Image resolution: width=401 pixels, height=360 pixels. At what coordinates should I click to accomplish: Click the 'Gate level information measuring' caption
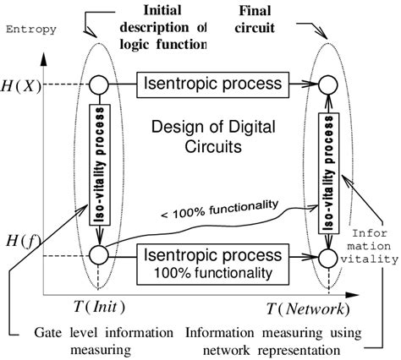[113, 339]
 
